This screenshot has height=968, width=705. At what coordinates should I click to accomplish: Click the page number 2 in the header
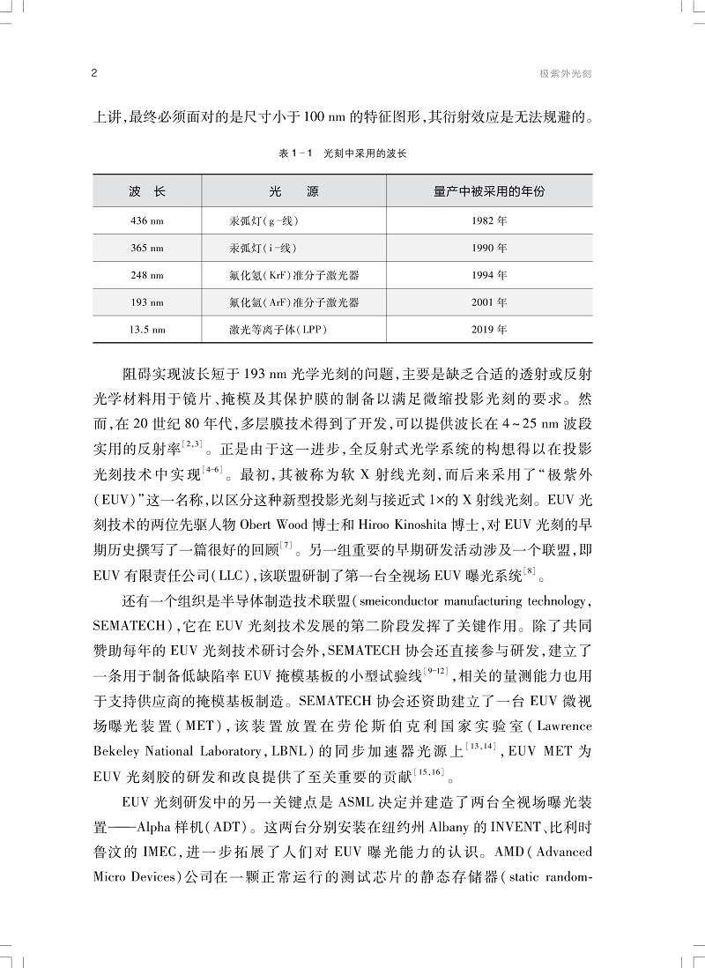point(94,74)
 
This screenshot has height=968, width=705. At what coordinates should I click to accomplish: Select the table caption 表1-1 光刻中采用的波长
point(343,153)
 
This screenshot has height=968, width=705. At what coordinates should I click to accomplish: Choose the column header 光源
point(293,190)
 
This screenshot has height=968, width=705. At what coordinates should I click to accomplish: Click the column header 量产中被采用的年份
point(489,190)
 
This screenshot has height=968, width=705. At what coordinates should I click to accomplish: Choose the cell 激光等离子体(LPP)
point(272,331)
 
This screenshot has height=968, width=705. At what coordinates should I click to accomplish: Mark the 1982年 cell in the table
point(489,220)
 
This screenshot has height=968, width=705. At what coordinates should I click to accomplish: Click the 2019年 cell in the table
point(489,331)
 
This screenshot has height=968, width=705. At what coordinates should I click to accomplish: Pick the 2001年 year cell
point(489,302)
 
